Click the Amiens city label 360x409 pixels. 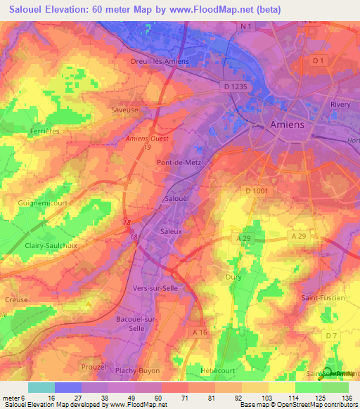[288, 124]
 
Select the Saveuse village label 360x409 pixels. [124, 110]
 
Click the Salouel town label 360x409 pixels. [176, 200]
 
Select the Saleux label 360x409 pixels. [172, 231]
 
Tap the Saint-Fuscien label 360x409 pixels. [323, 298]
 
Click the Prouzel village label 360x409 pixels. [93, 367]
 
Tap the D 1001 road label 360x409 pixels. [259, 191]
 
